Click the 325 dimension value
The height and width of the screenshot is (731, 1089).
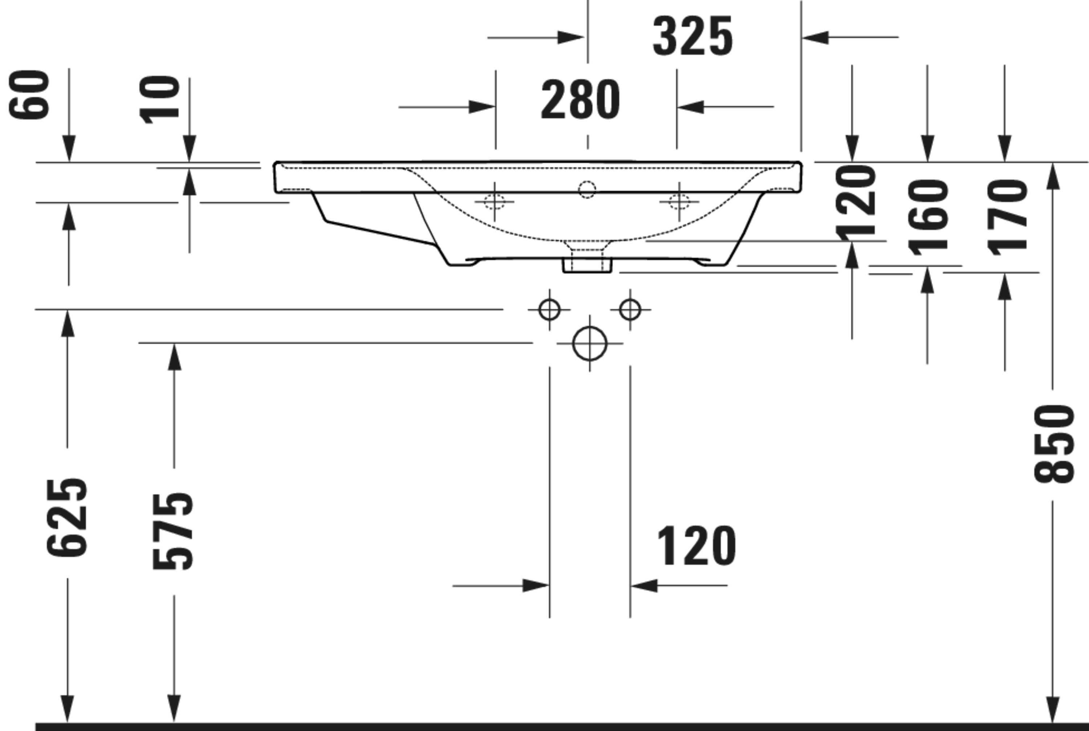click(x=693, y=36)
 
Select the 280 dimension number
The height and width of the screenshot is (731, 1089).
click(x=580, y=99)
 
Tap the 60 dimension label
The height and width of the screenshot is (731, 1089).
click(x=29, y=95)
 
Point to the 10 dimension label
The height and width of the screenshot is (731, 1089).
click(x=159, y=100)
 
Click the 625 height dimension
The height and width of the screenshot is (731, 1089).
click(x=67, y=517)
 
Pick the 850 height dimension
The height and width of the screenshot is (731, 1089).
click(x=1053, y=444)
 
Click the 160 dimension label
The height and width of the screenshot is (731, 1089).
click(x=928, y=217)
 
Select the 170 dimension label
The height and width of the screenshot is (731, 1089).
click(x=1007, y=217)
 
